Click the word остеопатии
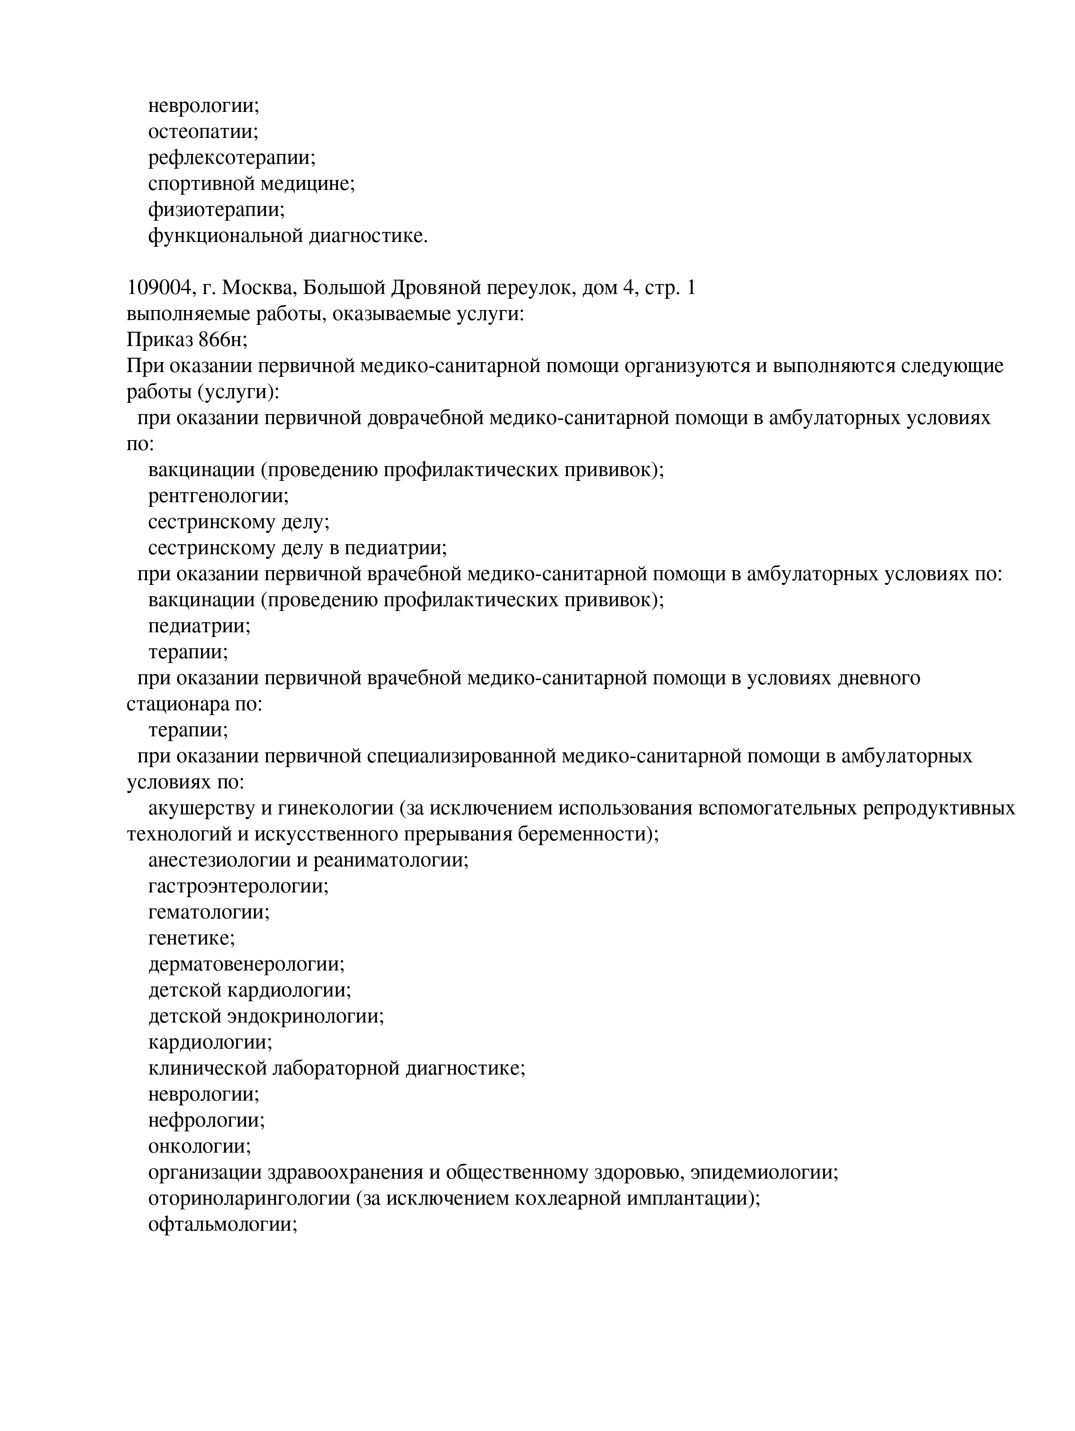(202, 132)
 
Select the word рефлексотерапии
(231, 158)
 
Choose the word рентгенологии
(218, 496)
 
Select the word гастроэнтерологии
(238, 886)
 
